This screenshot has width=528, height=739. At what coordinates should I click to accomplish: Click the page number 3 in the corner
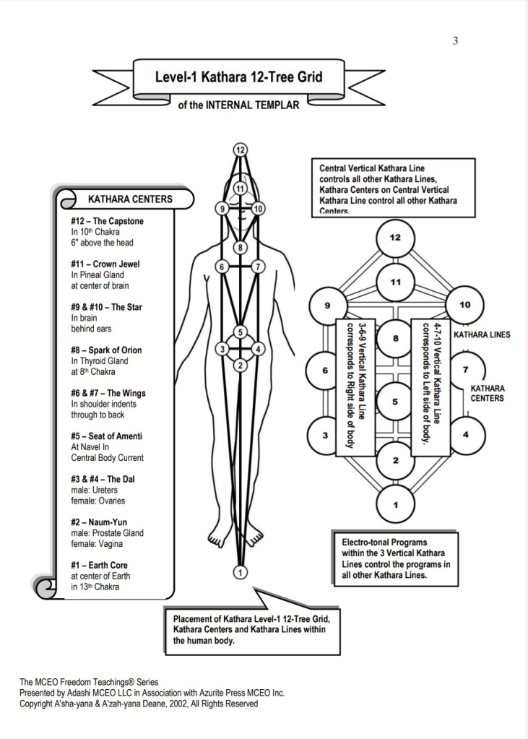click(455, 41)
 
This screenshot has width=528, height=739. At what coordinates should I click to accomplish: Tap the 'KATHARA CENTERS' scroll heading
click(130, 199)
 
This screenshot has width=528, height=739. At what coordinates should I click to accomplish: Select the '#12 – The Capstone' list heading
click(107, 221)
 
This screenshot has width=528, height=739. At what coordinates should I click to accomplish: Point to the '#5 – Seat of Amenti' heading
click(106, 436)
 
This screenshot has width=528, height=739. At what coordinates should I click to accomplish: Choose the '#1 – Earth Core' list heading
click(100, 565)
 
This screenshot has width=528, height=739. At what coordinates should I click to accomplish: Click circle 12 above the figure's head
click(241, 150)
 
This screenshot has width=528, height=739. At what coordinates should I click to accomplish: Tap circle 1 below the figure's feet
click(241, 572)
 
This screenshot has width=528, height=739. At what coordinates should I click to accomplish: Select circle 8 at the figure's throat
click(241, 248)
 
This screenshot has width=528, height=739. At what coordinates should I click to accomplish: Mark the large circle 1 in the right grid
click(395, 504)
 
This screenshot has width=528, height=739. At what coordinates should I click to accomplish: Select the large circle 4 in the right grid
click(464, 434)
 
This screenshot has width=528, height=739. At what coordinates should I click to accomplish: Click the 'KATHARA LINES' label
click(482, 334)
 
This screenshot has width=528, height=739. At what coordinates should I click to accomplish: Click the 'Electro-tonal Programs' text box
click(397, 558)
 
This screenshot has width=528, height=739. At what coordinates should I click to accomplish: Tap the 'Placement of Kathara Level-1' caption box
click(251, 629)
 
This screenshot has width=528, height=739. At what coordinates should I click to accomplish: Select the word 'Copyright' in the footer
click(36, 703)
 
